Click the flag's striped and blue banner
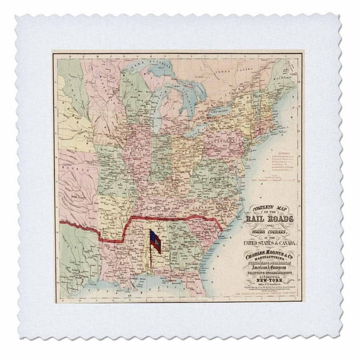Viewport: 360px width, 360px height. pos(154,241)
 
